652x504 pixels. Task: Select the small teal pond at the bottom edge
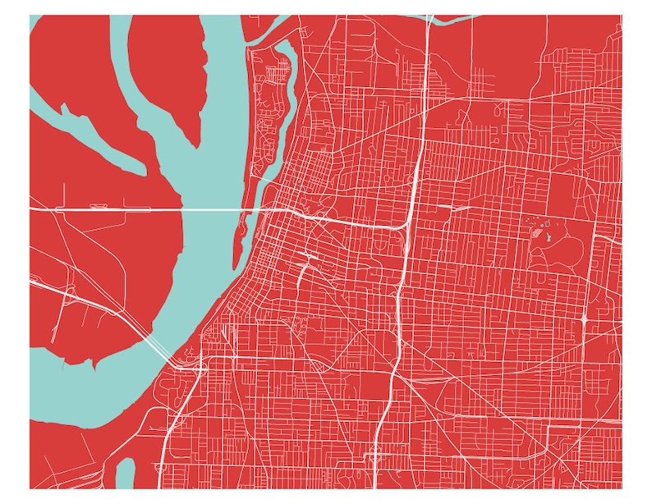point(125,474)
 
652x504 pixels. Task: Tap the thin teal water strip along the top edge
point(460,18)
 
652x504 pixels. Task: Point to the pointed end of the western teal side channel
point(62,107)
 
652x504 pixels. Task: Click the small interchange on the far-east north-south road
point(582,316)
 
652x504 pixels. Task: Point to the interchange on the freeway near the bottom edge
point(374,451)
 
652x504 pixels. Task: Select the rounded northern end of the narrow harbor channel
point(287,48)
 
